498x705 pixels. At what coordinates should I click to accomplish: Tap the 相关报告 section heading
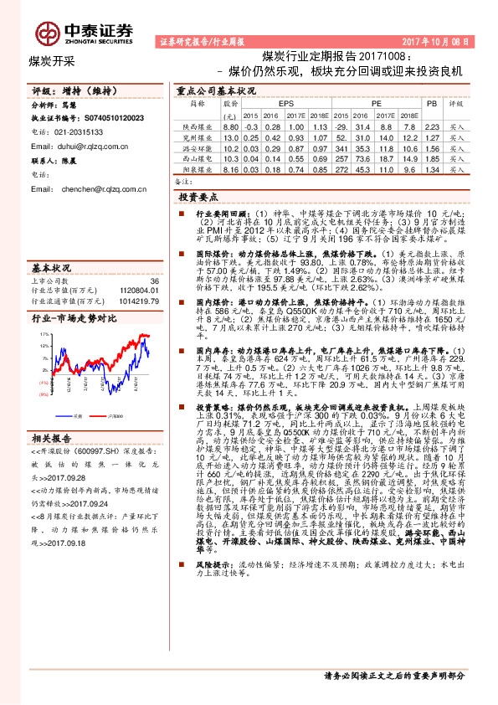54,438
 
